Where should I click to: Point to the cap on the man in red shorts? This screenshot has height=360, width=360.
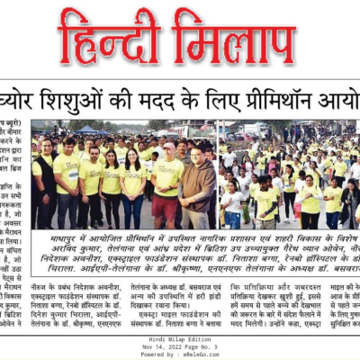point(169,144)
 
